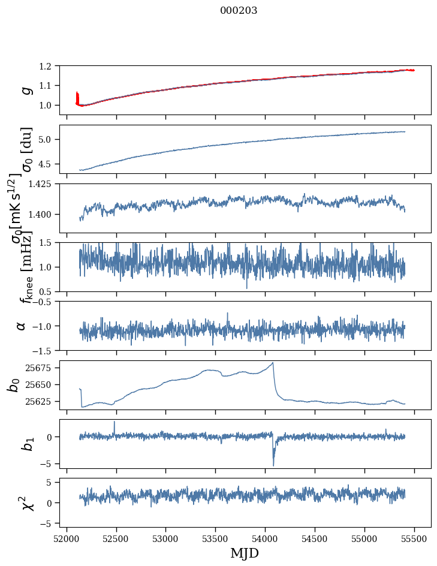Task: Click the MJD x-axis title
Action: coord(245,553)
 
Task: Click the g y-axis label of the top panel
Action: coord(26,90)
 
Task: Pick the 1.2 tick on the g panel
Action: coord(50,66)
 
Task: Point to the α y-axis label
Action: coord(22,326)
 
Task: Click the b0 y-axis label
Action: coord(14,385)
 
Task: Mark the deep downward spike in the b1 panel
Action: coord(273,465)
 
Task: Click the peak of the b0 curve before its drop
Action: coord(273,363)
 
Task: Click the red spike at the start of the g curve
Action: coord(77,96)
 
